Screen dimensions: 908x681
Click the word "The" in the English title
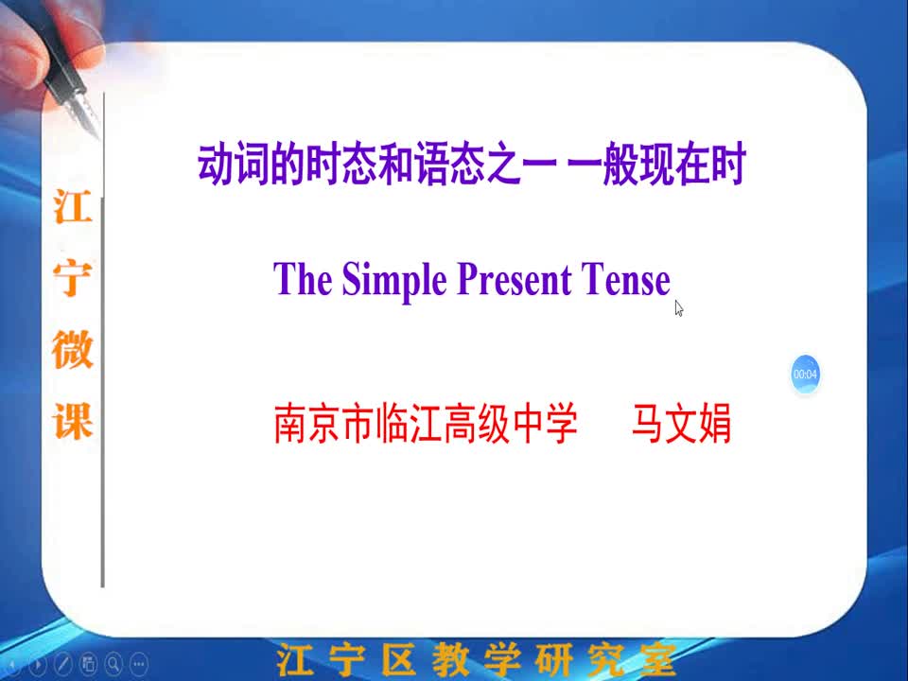303,278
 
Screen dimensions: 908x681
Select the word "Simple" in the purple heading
394,281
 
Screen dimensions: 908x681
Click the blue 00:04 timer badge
805,375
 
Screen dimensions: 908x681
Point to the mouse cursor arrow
679,308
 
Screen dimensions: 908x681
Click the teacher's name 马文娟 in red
681,424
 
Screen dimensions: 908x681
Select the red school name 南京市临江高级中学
426,424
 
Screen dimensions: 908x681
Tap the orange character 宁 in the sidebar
73,277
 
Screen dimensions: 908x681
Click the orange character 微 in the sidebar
73,349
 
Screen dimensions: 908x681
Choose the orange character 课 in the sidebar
73,421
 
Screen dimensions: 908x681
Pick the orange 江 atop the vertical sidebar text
73,205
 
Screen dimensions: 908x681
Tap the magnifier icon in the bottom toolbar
113,664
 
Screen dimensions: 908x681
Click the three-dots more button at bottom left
139,664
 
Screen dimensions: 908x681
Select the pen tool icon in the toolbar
62,664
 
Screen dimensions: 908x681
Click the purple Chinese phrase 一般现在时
656,165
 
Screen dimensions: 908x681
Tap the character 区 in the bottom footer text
398,659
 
